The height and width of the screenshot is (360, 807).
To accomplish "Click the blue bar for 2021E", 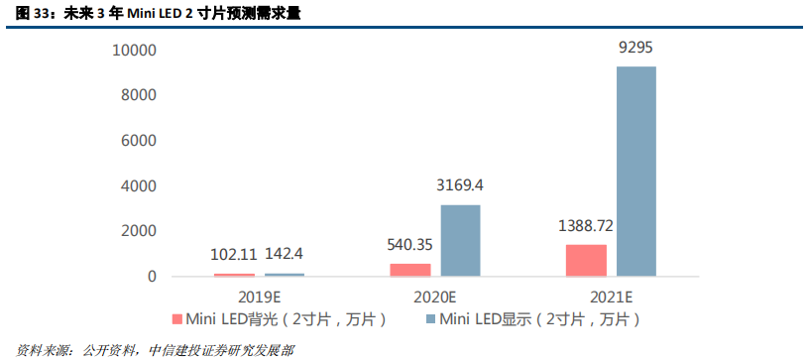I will click(635, 171).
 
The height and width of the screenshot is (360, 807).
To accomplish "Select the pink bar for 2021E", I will click(586, 260).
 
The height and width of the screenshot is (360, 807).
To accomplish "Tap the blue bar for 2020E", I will click(460, 240).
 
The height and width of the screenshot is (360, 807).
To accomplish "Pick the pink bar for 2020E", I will click(410, 269).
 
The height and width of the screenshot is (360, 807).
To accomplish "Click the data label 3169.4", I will click(460, 185).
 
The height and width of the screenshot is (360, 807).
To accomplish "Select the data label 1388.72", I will click(586, 225).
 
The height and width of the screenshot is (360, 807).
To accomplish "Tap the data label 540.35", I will click(410, 243).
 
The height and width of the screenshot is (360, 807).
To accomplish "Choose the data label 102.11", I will click(235, 255).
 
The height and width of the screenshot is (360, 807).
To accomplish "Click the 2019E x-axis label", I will click(260, 296).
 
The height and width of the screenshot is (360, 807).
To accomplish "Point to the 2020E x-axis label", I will click(435, 296).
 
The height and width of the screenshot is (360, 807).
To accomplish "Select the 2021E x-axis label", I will click(611, 296).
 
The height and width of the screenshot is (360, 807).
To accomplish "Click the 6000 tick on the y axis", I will click(138, 140).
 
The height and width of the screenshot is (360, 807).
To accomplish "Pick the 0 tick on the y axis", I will click(152, 276).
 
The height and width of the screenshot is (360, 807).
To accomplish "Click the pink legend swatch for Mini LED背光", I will click(178, 319).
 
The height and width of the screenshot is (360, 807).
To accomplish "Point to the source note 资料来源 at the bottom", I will click(149, 350).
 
